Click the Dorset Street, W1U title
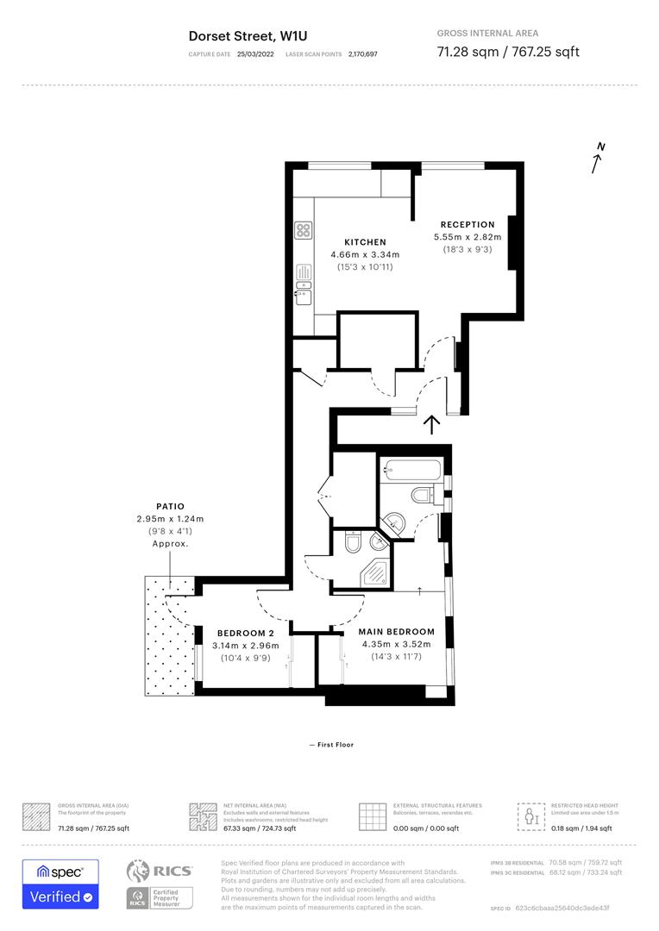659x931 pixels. coord(248,36)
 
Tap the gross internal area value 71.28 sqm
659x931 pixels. coord(467,52)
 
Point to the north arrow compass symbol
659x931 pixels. coord(598,159)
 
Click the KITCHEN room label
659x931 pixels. coord(365,242)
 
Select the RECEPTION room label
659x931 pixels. coord(468,225)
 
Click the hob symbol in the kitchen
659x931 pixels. coord(304,230)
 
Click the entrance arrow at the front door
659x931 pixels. coord(431,423)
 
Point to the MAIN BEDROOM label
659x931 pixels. coord(396,632)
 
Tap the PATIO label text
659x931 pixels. coord(169,507)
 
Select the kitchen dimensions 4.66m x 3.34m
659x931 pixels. coord(365,255)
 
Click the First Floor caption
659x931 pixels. coord(331,745)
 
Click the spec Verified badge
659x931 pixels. coord(60,884)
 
